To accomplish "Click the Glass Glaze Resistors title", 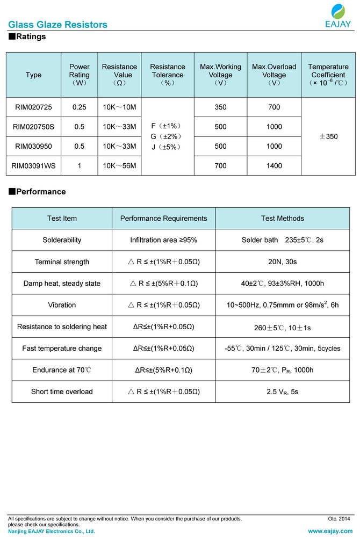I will click(x=57, y=25).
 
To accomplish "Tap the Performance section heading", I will click(x=37, y=192).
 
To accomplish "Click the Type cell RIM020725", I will click(x=33, y=107).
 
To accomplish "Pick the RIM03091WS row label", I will click(x=33, y=166).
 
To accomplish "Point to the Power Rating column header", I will click(x=80, y=75).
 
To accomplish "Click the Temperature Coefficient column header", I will click(x=328, y=75).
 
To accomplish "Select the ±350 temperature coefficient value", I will click(x=328, y=137).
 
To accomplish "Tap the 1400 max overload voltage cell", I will click(x=274, y=166).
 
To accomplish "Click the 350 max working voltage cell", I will click(x=220, y=107).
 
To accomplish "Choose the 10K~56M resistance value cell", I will click(x=119, y=166).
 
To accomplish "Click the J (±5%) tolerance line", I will click(x=167, y=147).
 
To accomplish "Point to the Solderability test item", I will click(x=62, y=240).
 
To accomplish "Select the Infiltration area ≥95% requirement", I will click(x=163, y=240).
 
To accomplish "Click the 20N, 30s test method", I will click(x=282, y=262).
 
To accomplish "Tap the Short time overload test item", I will click(x=62, y=391).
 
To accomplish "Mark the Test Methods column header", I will click(x=282, y=218).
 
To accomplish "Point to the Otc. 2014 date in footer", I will click(x=339, y=519).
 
